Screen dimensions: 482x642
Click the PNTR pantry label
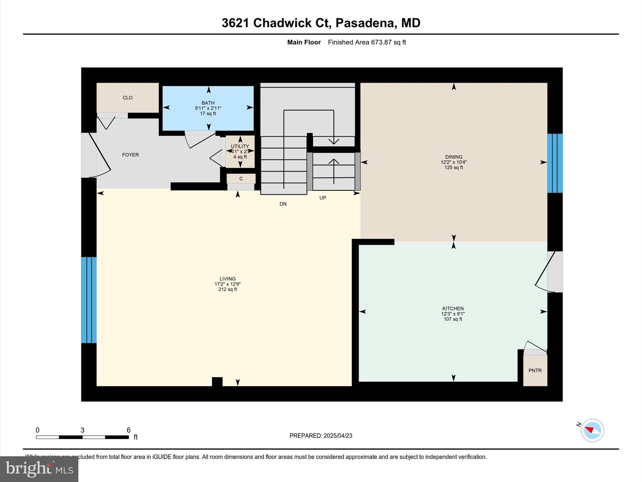click(x=535, y=370)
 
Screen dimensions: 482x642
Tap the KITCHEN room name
click(x=453, y=308)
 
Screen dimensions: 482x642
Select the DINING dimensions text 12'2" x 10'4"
click(x=454, y=162)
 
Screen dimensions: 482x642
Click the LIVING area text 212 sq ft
click(x=228, y=289)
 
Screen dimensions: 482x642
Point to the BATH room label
click(x=208, y=103)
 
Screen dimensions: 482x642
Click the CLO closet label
click(x=128, y=98)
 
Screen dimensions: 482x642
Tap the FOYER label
click(x=130, y=155)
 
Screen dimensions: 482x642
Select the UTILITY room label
click(x=240, y=146)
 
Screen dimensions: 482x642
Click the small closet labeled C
click(x=241, y=179)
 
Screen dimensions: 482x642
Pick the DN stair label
click(x=283, y=204)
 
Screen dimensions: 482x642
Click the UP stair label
click(x=323, y=198)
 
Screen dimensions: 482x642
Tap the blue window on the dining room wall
click(x=555, y=163)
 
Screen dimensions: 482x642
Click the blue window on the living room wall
click(x=89, y=300)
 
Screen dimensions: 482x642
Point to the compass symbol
click(x=592, y=430)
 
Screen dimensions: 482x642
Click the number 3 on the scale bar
click(x=82, y=430)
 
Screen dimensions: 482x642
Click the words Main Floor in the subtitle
click(x=304, y=42)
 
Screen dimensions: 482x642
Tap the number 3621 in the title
click(x=235, y=23)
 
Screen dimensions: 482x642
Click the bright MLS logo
click(x=39, y=469)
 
